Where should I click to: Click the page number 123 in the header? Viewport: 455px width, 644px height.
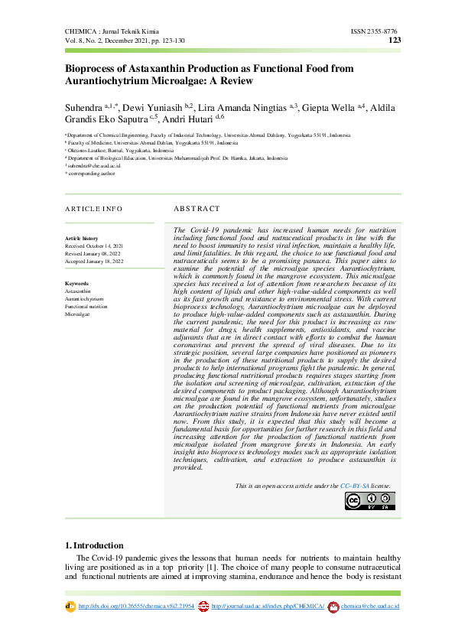(395, 41)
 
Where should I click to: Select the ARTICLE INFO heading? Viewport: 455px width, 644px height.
(93, 208)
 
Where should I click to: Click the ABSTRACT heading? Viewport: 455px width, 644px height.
(197, 208)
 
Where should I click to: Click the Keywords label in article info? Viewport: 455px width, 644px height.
(77, 284)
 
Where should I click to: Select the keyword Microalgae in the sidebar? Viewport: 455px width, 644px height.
(78, 314)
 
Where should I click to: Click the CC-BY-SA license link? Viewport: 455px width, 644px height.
(355, 486)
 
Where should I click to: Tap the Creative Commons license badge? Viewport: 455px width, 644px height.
(369, 500)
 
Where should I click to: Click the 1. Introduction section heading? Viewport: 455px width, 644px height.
(94, 545)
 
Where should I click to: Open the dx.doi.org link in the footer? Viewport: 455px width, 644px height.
(136, 607)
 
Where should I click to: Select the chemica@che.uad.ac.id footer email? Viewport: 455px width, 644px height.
(370, 607)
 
